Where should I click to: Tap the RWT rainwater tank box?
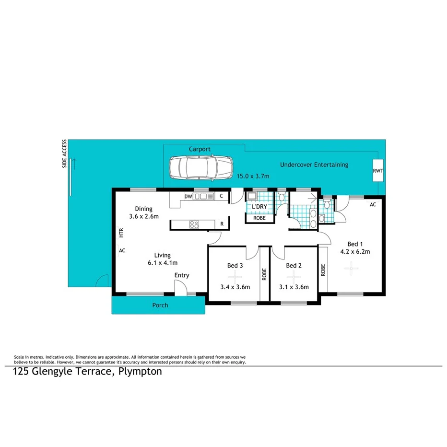pos(378,171)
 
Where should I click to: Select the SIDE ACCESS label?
pos(64,154)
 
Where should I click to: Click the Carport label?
pos(200,149)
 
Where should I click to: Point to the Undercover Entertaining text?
pos(314,165)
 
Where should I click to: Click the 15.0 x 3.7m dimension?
pos(253,176)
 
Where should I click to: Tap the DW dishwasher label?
pos(188,196)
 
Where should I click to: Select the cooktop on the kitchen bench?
pos(194,223)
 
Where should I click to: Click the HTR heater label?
pos(121,233)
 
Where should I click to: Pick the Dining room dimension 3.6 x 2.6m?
pos(143,216)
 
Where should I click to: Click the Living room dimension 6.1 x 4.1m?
pos(163,262)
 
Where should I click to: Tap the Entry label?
pos(182,275)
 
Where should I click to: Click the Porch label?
pos(160,305)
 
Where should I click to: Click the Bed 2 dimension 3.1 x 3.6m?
pos(294,287)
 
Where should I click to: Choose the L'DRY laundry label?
pos(259,207)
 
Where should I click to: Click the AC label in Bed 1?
pos(372,204)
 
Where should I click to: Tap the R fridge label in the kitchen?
pos(222,223)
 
